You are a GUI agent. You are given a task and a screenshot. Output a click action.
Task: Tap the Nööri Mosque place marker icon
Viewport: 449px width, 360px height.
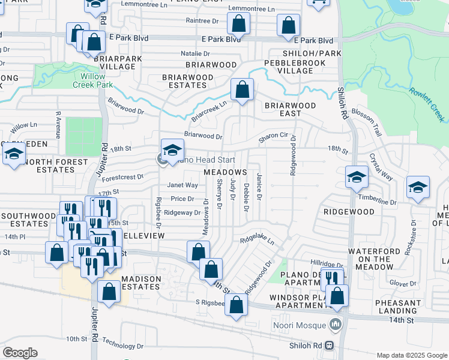coord(335,326)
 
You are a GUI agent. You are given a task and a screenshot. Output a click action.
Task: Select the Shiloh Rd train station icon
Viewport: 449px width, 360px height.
coord(330,345)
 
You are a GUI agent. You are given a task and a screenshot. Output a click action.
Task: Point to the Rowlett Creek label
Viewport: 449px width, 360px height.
coord(428,103)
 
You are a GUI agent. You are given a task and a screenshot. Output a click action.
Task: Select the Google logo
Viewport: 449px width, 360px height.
coord(19,353)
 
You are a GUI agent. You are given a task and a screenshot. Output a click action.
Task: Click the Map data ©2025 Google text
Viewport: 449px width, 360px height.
coord(411,355)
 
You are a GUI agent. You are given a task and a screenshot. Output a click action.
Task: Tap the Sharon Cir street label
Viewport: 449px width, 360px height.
coord(274,137)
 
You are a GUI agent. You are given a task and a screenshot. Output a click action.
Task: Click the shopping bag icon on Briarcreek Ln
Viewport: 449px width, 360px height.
coord(241,91)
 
